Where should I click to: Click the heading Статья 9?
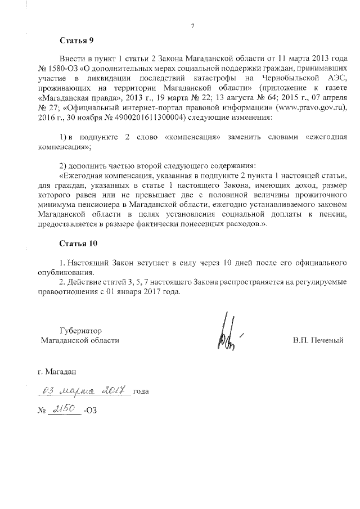point(76,40)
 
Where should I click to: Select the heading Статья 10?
point(78,244)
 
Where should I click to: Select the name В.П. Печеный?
point(318,340)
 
